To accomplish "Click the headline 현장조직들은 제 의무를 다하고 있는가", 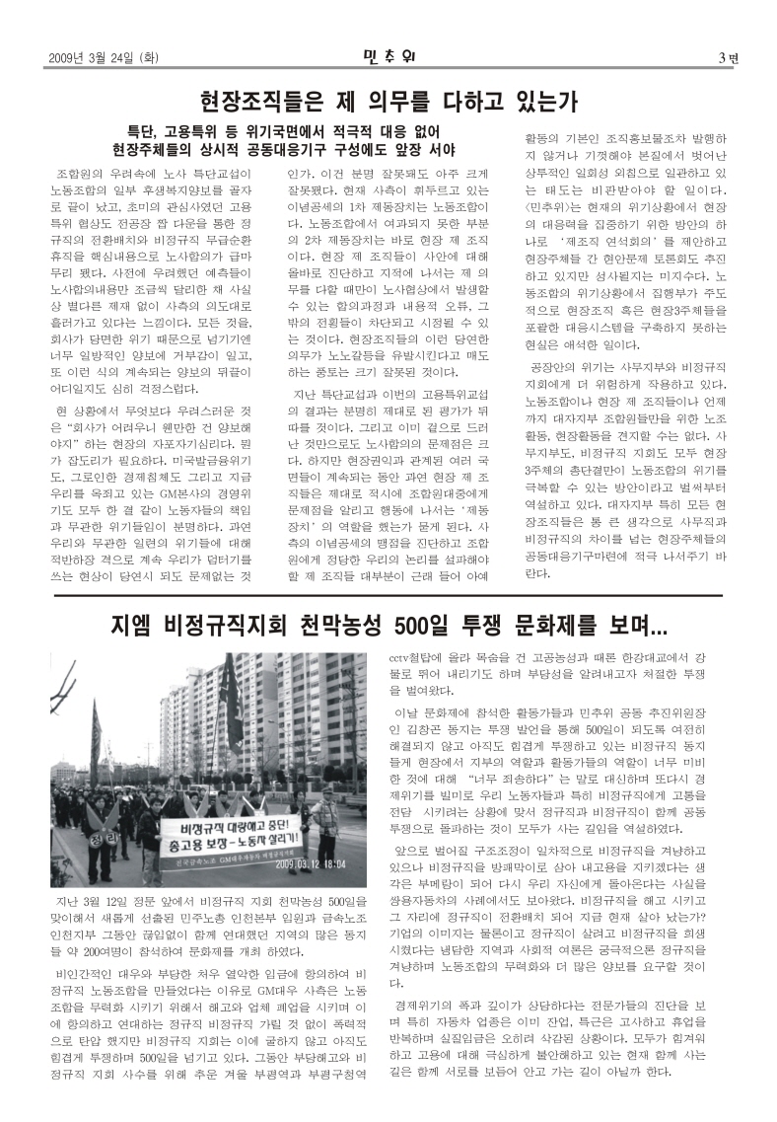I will (388, 101).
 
